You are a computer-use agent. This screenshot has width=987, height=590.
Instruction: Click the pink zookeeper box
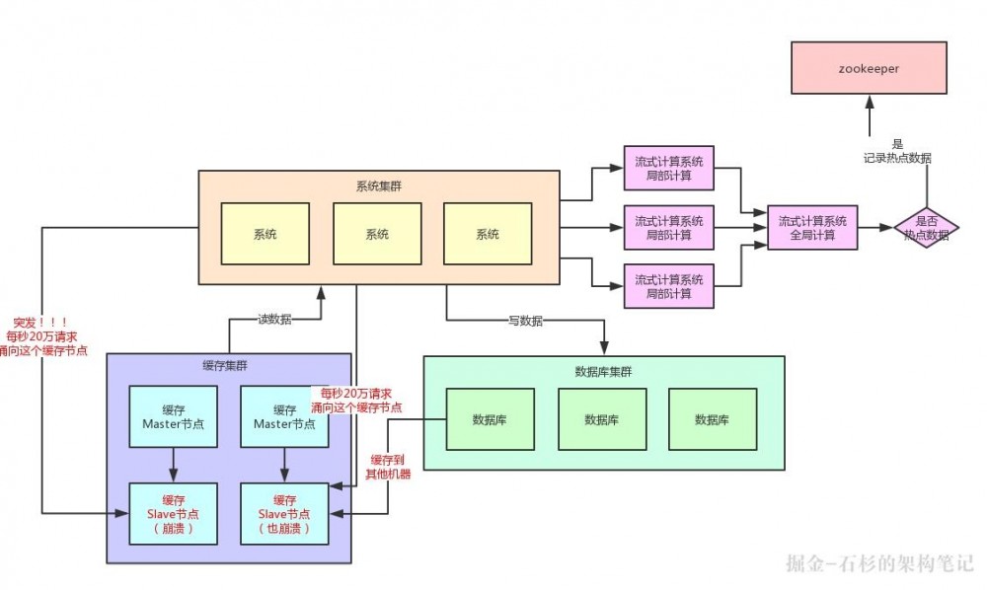point(869,69)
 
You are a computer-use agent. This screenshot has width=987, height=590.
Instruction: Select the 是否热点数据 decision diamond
point(926,228)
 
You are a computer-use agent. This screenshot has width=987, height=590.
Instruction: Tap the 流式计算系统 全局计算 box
point(812,228)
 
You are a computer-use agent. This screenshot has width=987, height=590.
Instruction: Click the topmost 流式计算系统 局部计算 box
point(668,169)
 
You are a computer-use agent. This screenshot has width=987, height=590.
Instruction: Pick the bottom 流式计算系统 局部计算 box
point(668,286)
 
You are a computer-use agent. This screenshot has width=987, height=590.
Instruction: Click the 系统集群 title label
point(378,186)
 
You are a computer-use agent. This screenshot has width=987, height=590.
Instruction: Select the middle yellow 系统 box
point(377,234)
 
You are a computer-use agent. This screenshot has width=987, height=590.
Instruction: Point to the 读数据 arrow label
point(273,319)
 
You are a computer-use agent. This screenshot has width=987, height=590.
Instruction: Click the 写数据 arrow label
point(525,321)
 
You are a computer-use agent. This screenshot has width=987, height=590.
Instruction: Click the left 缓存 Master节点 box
point(173,416)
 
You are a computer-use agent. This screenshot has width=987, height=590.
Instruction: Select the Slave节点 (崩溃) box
point(173,514)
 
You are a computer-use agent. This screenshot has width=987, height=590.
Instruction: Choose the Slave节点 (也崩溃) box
point(285,514)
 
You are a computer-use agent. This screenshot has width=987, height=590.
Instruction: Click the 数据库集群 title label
point(602,372)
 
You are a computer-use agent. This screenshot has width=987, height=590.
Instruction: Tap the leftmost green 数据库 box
point(491,419)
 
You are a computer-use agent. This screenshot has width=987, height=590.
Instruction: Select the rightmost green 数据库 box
point(712,419)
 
